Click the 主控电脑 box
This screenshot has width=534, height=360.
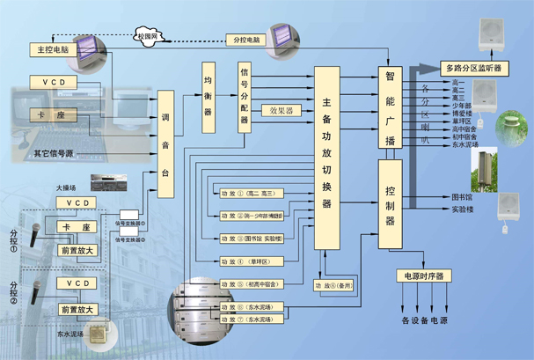click(54, 49)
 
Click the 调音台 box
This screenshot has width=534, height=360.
click(165, 137)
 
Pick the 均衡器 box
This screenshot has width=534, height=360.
click(208, 97)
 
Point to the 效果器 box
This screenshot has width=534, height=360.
click(282, 111)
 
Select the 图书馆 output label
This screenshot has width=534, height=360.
click(464, 196)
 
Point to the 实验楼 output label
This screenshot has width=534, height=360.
click(464, 210)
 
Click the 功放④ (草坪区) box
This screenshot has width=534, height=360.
click(253, 261)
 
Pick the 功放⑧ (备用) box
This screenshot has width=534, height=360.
click(335, 285)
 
